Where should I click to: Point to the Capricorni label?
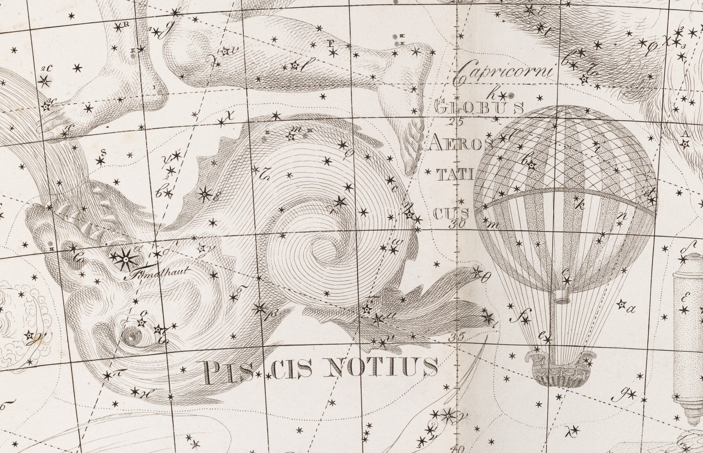pyautogui.click(x=503, y=72)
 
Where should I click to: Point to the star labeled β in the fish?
pyautogui.click(x=260, y=308)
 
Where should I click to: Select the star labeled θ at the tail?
pyautogui.click(x=476, y=272)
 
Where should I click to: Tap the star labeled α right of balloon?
pyautogui.click(x=621, y=305)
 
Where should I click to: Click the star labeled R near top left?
pyautogui.click(x=118, y=28)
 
